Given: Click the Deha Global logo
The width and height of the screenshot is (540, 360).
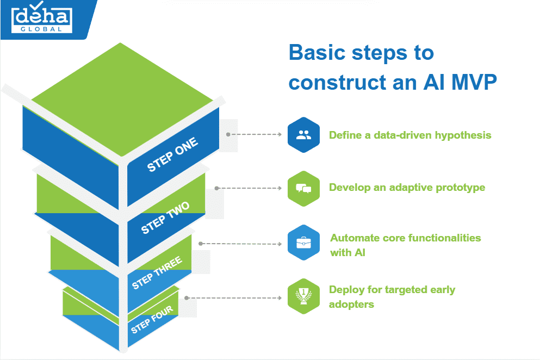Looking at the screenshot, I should pos(42,18).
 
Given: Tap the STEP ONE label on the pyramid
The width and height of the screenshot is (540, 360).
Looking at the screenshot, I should pos(173,154).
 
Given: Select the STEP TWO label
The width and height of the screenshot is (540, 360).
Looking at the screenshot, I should pos(165,218).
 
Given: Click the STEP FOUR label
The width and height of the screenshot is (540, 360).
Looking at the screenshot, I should pos(152,319).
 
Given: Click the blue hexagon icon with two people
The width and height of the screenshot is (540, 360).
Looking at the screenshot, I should pos(303,135).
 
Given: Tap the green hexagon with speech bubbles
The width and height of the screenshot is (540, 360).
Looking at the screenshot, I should pos(303,188).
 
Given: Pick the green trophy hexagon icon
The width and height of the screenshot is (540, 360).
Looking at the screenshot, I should pos(303,296).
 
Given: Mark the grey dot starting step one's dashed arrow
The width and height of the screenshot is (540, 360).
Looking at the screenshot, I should pos(228,134).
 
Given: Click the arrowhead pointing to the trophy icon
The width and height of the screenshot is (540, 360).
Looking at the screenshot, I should pos(281,297).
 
